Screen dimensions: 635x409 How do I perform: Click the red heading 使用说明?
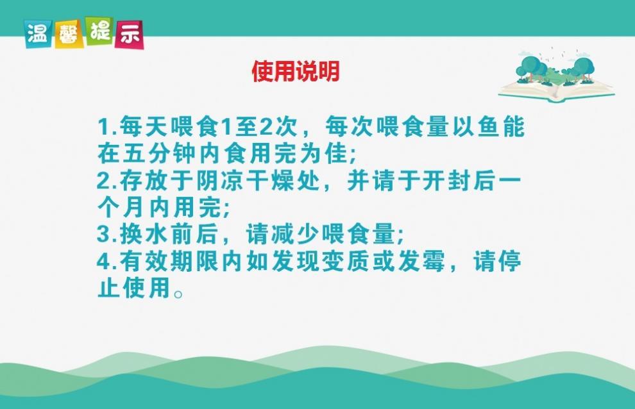coord(296,71)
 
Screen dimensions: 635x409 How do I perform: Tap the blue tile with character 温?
coord(38,34)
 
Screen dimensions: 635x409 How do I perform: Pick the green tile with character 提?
coord(99,31)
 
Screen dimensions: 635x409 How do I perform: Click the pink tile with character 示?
coord(130,35)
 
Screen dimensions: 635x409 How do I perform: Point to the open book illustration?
coord(557,76)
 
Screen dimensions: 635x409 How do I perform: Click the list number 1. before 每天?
coord(107,127)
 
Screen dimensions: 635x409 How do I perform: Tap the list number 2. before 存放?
coord(107,181)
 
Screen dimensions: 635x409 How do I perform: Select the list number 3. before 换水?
coord(107,235)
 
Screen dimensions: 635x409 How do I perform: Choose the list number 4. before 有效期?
coord(107,262)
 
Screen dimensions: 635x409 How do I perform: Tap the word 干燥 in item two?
coord(270,181)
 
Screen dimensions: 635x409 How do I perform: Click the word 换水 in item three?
coord(144,235)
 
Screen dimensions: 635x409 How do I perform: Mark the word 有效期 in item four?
coord(157,262)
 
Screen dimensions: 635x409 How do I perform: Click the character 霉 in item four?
coord(434,262)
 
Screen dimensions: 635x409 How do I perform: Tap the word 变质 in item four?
coord(346,262)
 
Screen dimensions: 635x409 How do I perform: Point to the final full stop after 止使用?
coord(178,293)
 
